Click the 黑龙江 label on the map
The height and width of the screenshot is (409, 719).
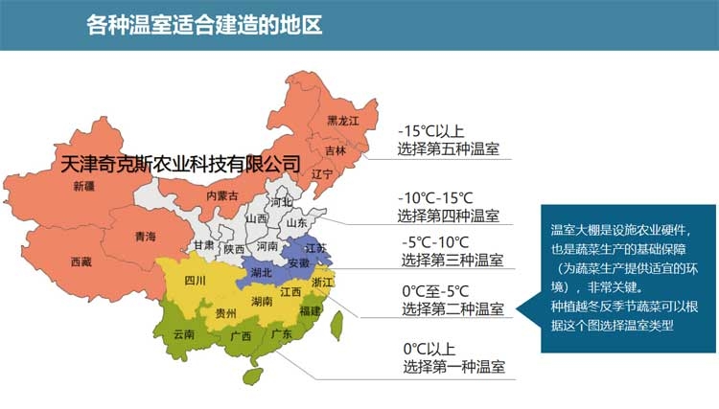342,122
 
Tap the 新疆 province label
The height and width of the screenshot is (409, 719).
84,187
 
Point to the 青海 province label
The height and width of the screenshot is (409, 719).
146,236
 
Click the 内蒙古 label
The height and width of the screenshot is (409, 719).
221,195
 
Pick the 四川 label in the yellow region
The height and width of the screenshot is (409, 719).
196,281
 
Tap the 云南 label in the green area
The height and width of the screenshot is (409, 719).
184,334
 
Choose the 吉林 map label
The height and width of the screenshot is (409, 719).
336,150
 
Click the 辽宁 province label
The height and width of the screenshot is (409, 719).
322,174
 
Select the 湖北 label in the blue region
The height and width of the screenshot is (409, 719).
261,272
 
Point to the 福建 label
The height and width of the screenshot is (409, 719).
310,311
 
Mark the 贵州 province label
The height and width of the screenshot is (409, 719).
226,312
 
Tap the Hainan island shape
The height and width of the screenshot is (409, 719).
251,374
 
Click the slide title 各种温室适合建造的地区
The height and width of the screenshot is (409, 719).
203,25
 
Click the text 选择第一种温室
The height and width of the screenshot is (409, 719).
453,367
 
